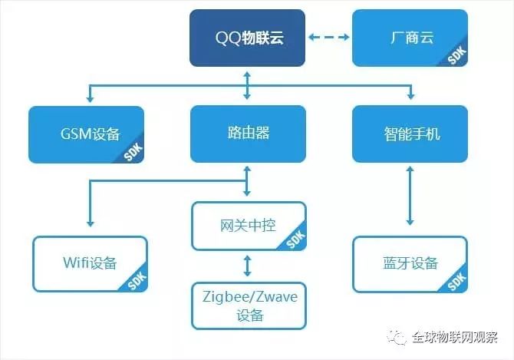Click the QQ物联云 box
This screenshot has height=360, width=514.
coord(248,38)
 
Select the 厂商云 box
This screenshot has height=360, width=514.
coord(410,38)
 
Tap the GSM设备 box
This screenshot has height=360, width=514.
coord(85,134)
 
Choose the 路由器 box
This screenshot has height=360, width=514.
coord(248,134)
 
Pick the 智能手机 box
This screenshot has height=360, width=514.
coord(410,134)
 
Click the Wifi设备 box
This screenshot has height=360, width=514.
coord(90,263)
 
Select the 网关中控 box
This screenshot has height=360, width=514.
coord(248,226)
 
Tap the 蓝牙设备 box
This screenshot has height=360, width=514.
coord(410,263)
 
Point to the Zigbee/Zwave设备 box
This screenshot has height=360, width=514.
coord(248,305)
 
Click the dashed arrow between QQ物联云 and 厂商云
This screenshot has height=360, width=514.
coord(329,38)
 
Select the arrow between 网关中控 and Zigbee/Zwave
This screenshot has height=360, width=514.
coord(247,266)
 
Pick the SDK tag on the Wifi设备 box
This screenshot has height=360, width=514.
coord(136,282)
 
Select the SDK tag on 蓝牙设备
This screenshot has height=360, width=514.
coord(456,282)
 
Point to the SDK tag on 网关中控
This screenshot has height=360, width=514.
coord(295,240)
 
